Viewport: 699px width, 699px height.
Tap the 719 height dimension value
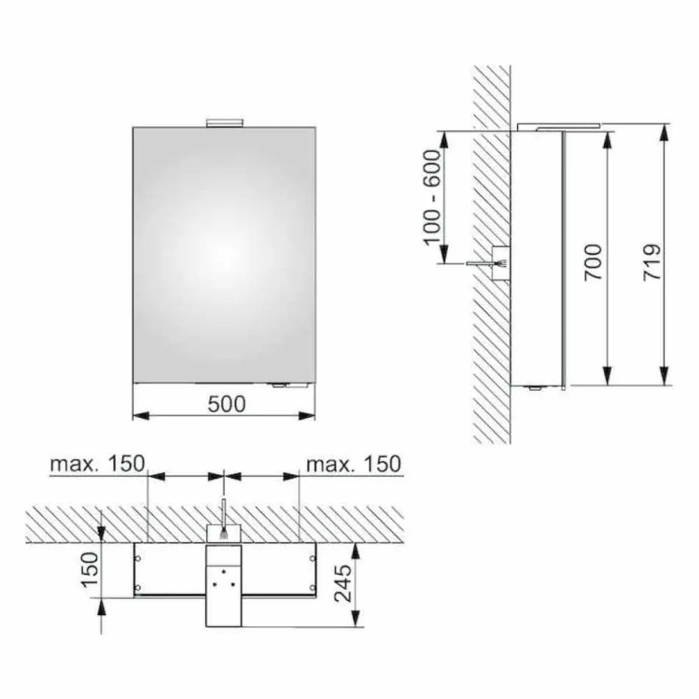coord(652,260)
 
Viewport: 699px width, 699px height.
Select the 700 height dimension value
coord(593,260)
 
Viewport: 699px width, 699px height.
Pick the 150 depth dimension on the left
coord(88,570)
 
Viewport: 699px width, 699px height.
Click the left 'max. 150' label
coord(97,464)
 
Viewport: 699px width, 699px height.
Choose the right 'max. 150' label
coord(353,464)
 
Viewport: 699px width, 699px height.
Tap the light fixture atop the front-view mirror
coord(224,122)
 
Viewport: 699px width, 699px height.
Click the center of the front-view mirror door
coord(224,255)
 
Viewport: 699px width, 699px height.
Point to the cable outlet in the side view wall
coord(500,263)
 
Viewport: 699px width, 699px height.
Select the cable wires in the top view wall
coord(224,512)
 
